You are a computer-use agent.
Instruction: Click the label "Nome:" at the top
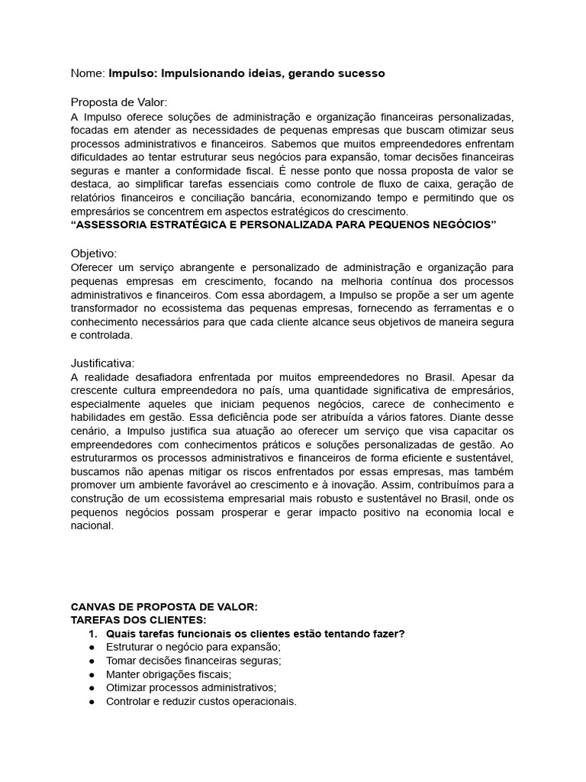(88, 73)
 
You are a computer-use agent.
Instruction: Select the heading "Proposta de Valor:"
(118, 102)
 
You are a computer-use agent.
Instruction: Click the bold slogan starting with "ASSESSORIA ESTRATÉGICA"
(283, 225)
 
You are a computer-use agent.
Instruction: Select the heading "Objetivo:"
(94, 253)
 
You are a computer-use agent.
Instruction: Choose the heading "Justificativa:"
(102, 363)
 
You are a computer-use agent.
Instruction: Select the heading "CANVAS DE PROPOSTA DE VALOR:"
(164, 606)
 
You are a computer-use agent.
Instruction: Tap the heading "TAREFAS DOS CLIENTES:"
(138, 620)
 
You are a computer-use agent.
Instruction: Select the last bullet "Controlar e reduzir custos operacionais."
(201, 702)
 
